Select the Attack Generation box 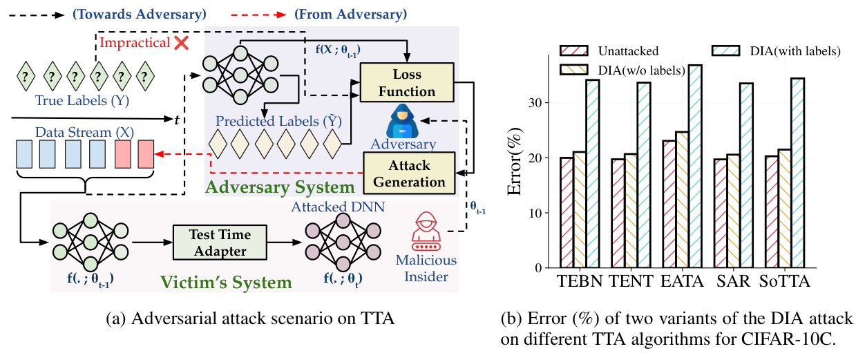click(409, 173)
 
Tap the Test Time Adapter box click(218, 243)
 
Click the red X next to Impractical click(182, 43)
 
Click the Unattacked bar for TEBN click(567, 212)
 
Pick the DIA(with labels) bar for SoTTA click(797, 173)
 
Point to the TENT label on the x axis click(627, 283)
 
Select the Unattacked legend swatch click(576, 51)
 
